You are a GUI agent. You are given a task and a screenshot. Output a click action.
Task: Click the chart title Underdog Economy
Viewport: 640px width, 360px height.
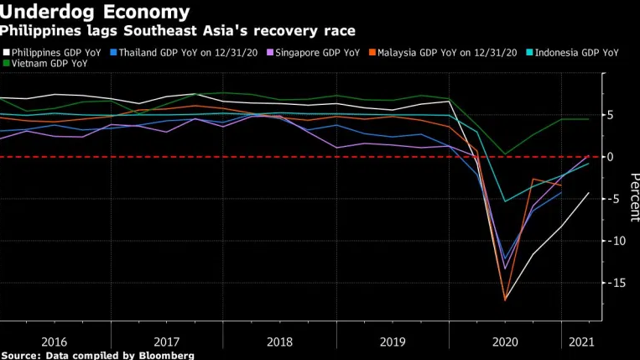tap(95, 12)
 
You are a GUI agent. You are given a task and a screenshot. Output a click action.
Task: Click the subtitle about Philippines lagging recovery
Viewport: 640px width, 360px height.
tap(177, 30)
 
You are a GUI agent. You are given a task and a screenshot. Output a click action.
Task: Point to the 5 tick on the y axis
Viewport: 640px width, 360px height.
tap(611, 115)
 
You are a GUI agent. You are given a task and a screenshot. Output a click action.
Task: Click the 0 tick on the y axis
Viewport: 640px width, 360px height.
tap(611, 157)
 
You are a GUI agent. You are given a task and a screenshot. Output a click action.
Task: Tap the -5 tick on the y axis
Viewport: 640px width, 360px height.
tap(610, 199)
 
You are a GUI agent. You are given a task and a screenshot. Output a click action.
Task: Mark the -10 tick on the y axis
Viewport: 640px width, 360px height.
tap(608, 241)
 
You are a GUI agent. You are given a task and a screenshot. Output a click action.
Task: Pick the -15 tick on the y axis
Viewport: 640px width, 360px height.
tap(608, 283)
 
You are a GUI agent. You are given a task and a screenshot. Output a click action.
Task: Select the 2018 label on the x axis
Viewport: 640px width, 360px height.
tap(280, 342)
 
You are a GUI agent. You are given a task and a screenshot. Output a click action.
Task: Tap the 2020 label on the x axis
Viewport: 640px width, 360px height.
tap(505, 342)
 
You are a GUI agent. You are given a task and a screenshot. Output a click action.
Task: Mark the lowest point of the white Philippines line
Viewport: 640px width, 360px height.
tap(505, 300)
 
